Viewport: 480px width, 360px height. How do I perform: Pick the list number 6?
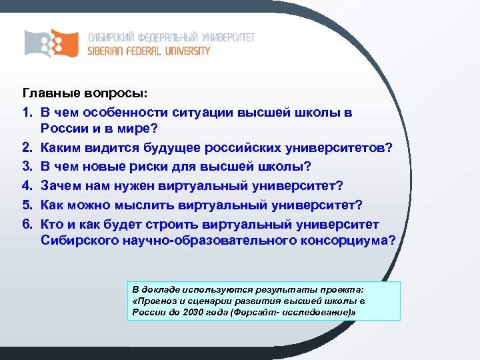point(28,221)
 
